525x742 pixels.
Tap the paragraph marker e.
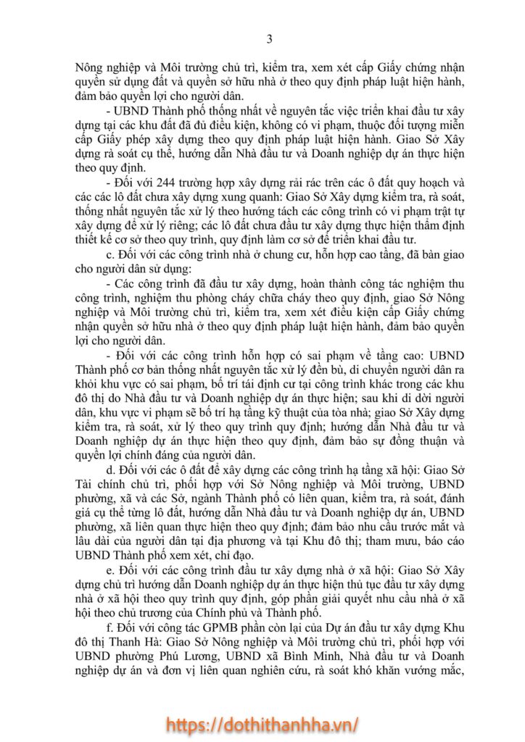(109, 567)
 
